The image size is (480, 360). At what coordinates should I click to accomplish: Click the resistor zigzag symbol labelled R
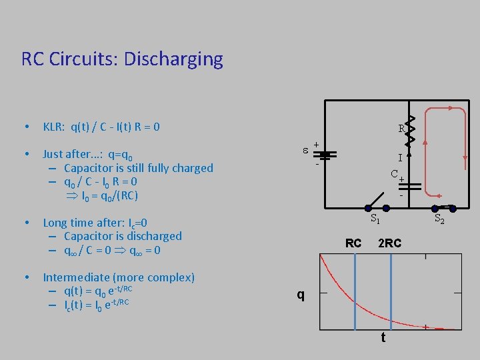(411, 128)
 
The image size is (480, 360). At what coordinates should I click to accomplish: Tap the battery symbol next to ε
(325, 154)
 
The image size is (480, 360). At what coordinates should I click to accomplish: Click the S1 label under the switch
(375, 217)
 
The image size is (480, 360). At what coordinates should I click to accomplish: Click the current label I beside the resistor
(400, 159)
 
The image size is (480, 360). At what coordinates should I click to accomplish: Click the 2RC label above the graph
(389, 243)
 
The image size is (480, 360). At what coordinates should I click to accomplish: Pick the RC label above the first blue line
(353, 243)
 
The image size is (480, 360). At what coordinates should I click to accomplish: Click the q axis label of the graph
(301, 294)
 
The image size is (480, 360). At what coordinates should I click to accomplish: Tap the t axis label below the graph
(383, 338)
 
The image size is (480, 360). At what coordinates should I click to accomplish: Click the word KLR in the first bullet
(53, 127)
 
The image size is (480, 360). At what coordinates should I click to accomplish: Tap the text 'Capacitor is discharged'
(123, 236)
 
